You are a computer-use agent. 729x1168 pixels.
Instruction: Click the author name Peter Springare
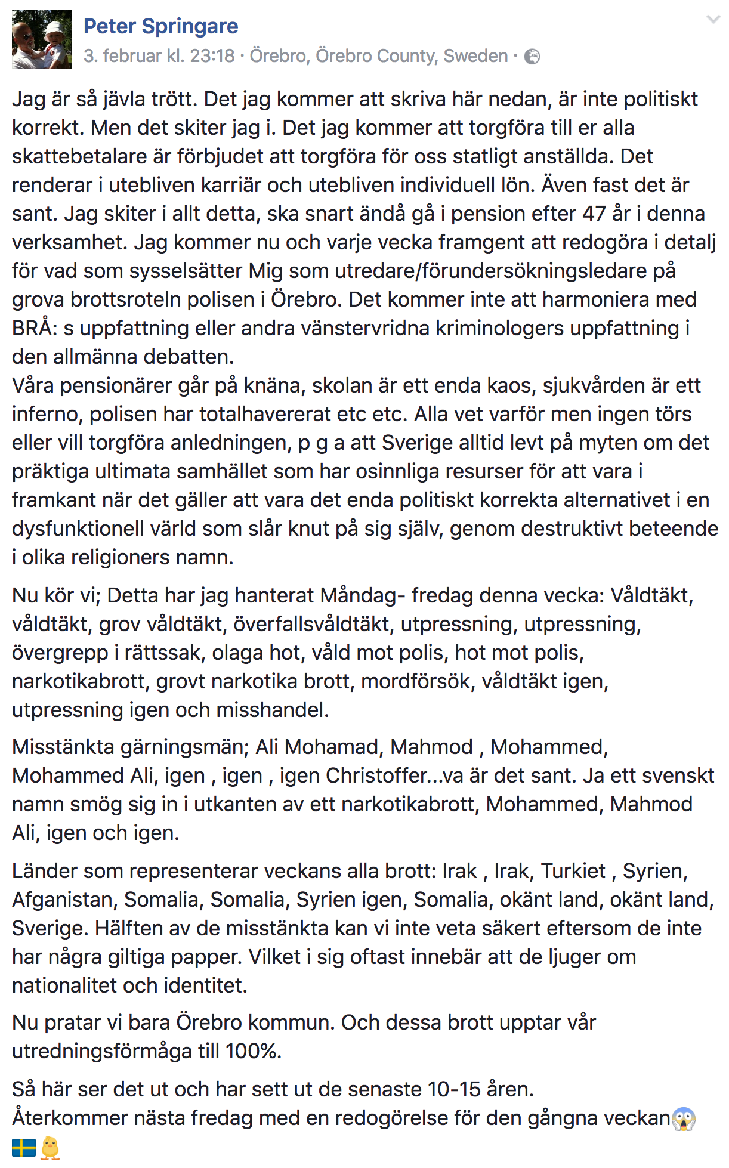(x=160, y=26)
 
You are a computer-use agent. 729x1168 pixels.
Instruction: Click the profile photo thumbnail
(x=42, y=39)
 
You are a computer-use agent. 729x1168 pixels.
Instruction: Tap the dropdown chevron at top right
(x=713, y=20)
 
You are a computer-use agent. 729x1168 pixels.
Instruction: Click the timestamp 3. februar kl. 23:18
(x=159, y=56)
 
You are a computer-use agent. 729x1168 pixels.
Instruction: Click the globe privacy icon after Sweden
(x=532, y=57)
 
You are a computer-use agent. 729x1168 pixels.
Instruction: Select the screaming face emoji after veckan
(x=684, y=1119)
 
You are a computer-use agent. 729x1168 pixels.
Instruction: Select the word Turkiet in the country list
(x=573, y=871)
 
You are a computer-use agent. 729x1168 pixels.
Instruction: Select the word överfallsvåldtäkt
(x=311, y=624)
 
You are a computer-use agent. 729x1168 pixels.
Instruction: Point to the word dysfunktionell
(x=78, y=529)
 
